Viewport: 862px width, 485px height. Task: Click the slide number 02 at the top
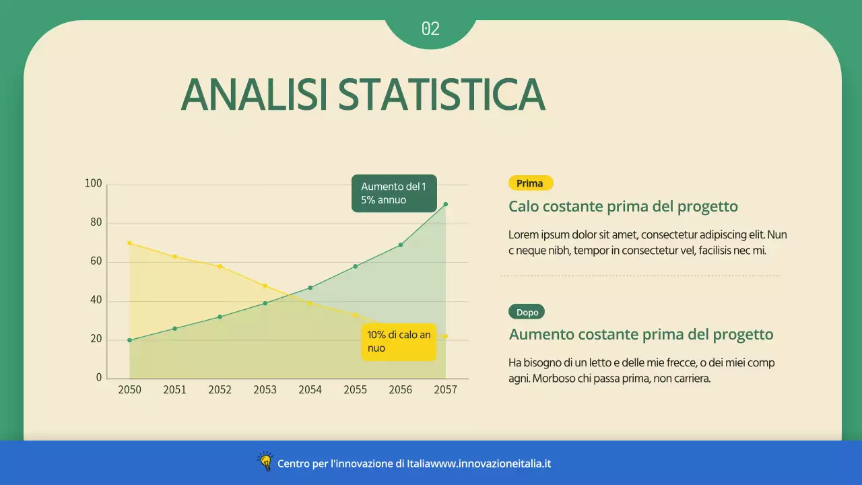430,28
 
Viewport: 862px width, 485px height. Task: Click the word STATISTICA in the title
441,94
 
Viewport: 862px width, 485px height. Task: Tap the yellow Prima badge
530,183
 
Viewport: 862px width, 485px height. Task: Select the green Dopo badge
527,312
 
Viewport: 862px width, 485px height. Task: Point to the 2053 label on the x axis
265,390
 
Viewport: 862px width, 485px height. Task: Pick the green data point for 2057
445,204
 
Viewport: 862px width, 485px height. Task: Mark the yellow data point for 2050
129,243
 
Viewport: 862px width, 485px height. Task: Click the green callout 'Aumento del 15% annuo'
394,193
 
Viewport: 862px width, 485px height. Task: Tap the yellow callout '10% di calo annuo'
399,342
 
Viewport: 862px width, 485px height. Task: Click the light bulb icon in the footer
265,462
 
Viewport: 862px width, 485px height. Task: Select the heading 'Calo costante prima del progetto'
623,207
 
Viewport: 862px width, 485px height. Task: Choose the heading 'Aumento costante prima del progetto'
641,335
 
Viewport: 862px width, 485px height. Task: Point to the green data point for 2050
129,340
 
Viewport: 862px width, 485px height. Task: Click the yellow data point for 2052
220,267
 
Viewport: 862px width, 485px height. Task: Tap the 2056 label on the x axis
400,390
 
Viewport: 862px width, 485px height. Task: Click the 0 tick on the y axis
99,378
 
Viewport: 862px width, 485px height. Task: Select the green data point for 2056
400,245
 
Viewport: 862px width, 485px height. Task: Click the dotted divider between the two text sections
640,276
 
